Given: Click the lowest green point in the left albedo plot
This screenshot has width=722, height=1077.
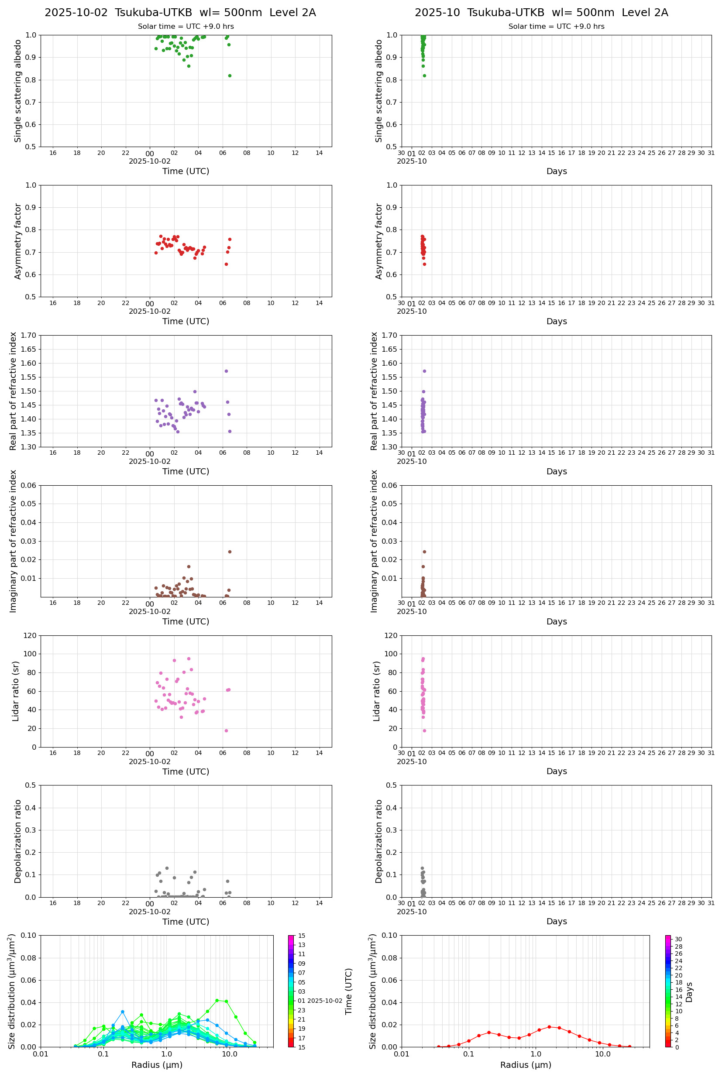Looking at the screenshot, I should coord(230,75).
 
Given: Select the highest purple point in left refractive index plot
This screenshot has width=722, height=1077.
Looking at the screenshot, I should coord(226,371).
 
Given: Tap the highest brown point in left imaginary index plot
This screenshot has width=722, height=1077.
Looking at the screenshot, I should coord(230,552).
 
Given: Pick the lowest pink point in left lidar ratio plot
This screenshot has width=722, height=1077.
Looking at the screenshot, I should coord(226,731).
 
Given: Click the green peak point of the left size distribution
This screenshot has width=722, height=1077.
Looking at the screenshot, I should coord(217,1000).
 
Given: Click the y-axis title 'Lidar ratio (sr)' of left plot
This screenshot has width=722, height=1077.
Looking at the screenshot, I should coord(16,691).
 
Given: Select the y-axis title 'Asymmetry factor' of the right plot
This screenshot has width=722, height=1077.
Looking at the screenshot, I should coord(379,241).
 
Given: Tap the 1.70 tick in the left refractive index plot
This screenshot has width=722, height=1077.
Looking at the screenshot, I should coord(30,335).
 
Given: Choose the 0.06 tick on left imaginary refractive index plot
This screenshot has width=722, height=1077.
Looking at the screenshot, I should coord(30,485).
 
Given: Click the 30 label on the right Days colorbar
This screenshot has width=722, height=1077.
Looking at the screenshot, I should coord(678,939).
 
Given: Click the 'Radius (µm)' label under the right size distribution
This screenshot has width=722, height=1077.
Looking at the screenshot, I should coord(526,1065).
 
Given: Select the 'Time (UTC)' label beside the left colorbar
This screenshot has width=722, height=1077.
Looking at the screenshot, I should coord(349,991).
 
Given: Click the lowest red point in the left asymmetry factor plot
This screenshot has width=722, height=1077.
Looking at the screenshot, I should coord(226,264).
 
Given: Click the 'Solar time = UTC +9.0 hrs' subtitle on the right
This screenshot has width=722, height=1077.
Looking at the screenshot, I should coord(556,27).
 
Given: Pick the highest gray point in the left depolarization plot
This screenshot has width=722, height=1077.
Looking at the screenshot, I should coord(167,868).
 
